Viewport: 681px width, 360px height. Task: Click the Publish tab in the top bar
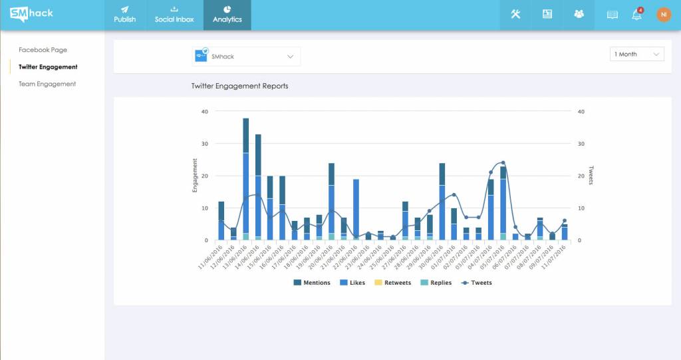coord(124,15)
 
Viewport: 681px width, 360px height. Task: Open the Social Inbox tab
coord(174,15)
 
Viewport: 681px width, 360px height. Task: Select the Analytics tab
coord(227,15)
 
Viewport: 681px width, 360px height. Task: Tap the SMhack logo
coord(31,14)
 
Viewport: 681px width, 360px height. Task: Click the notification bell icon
coord(636,14)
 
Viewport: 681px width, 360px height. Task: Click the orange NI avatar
coord(664,15)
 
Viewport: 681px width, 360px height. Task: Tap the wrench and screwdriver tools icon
coord(515,14)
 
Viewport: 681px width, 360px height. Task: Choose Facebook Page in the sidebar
coord(43,49)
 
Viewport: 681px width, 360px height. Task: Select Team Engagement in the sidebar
coord(47,84)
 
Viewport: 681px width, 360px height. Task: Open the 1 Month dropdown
coord(636,54)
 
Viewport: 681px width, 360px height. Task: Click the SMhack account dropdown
coord(246,57)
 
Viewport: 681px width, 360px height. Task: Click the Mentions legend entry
coord(312,283)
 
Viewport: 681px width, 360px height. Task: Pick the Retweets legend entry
coord(392,283)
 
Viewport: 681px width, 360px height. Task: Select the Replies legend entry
coord(436,283)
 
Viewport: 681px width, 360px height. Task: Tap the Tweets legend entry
coord(476,283)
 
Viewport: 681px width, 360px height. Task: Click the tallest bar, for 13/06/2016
coord(246,179)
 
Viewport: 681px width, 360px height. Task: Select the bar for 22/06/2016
coord(356,210)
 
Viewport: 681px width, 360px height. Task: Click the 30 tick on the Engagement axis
coord(205,144)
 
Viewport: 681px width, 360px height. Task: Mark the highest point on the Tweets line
coord(503,162)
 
